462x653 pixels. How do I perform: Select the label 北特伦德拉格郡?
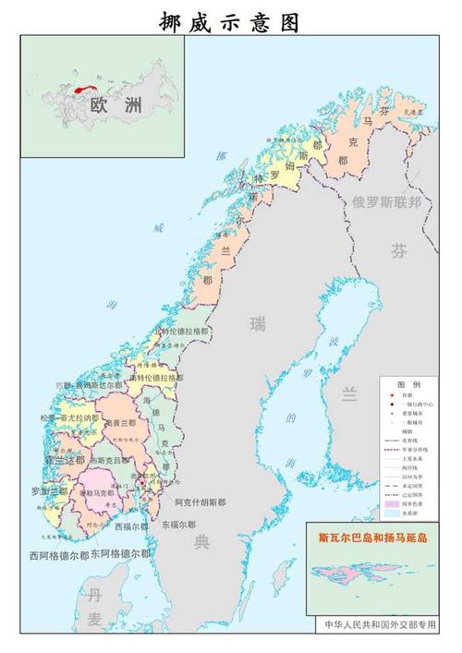[x=181, y=331]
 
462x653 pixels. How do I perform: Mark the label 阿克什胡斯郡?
[x=200, y=503]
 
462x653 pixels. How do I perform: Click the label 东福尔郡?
[x=176, y=525]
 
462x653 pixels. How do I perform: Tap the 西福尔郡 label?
[x=130, y=527]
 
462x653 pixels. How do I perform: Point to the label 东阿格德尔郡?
[x=119, y=554]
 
